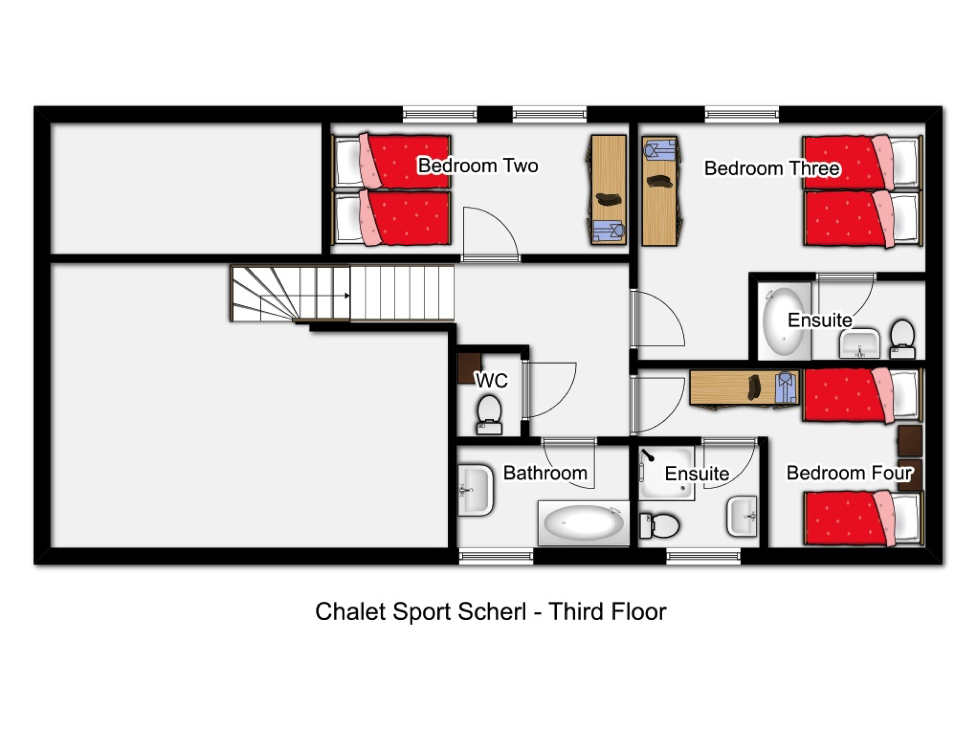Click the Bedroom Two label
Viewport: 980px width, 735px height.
point(478,165)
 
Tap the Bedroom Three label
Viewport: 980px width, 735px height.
point(772,168)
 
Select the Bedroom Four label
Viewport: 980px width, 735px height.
point(849,473)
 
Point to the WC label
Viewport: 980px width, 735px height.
point(491,380)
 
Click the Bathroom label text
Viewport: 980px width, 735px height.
point(545,473)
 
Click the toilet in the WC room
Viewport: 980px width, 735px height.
point(490,415)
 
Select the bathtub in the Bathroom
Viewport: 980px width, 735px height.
point(583,523)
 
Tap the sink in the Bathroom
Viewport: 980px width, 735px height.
point(475,490)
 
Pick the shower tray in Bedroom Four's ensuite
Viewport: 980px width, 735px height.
point(666,473)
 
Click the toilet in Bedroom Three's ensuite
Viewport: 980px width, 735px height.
point(902,339)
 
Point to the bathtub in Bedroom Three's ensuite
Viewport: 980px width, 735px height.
point(784,321)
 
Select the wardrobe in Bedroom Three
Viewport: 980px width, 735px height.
point(660,191)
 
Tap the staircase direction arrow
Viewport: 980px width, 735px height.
point(347,295)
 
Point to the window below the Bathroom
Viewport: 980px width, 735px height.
point(496,556)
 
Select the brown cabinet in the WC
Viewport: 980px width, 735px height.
point(470,367)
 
